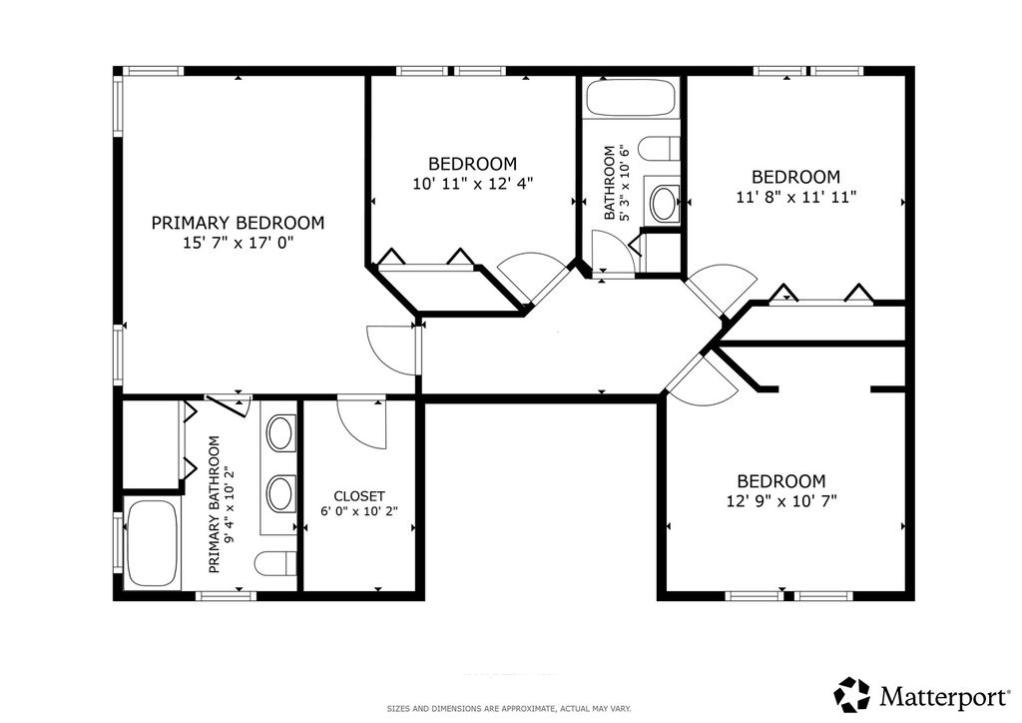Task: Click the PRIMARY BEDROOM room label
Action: [x=238, y=223]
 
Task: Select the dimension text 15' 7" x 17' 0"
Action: [x=238, y=244]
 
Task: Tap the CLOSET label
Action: [x=359, y=496]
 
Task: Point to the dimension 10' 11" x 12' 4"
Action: [x=472, y=184]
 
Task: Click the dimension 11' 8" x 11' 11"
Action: [x=795, y=197]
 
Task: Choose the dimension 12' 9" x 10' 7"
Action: [x=781, y=501]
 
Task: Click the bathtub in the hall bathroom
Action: [x=632, y=98]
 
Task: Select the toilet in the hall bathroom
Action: [x=659, y=149]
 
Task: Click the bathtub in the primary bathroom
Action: [x=153, y=544]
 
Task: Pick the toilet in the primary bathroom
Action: [x=275, y=564]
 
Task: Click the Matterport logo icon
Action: [x=852, y=695]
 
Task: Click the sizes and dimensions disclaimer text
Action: [x=509, y=709]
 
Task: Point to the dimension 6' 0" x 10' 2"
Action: [x=359, y=511]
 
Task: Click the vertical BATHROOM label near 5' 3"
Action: [x=610, y=183]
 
